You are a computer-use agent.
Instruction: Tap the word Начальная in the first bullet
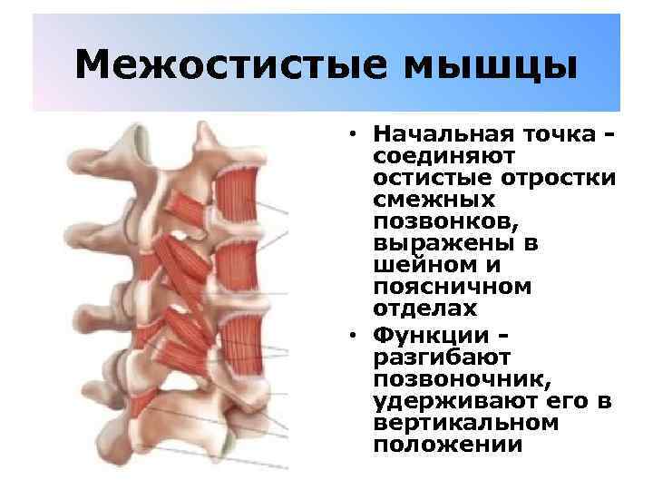440,134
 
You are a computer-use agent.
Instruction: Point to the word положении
434,445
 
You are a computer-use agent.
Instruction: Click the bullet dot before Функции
349,334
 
